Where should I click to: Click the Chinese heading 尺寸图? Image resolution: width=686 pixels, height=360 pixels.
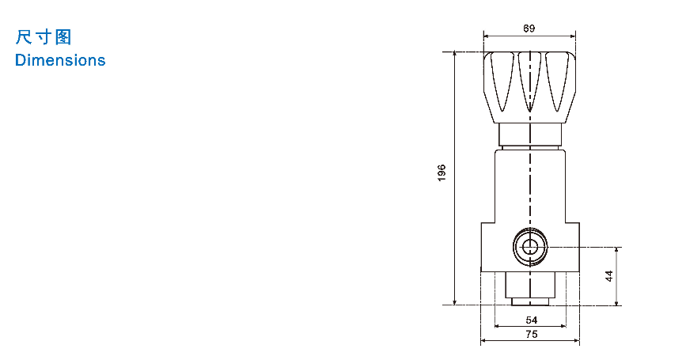tap(44, 37)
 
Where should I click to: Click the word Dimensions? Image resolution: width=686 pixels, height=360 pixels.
tap(60, 60)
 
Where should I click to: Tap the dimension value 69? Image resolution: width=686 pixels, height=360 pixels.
tap(529, 28)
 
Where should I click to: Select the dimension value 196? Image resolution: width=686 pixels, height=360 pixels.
tap(442, 172)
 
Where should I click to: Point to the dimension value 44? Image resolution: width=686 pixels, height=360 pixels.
tap(609, 276)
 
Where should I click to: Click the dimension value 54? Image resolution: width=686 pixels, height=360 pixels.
tap(531, 320)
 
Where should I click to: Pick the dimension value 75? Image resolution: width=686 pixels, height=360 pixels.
tap(531, 334)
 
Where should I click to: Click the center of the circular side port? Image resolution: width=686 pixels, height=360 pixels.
tap(530, 247)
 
